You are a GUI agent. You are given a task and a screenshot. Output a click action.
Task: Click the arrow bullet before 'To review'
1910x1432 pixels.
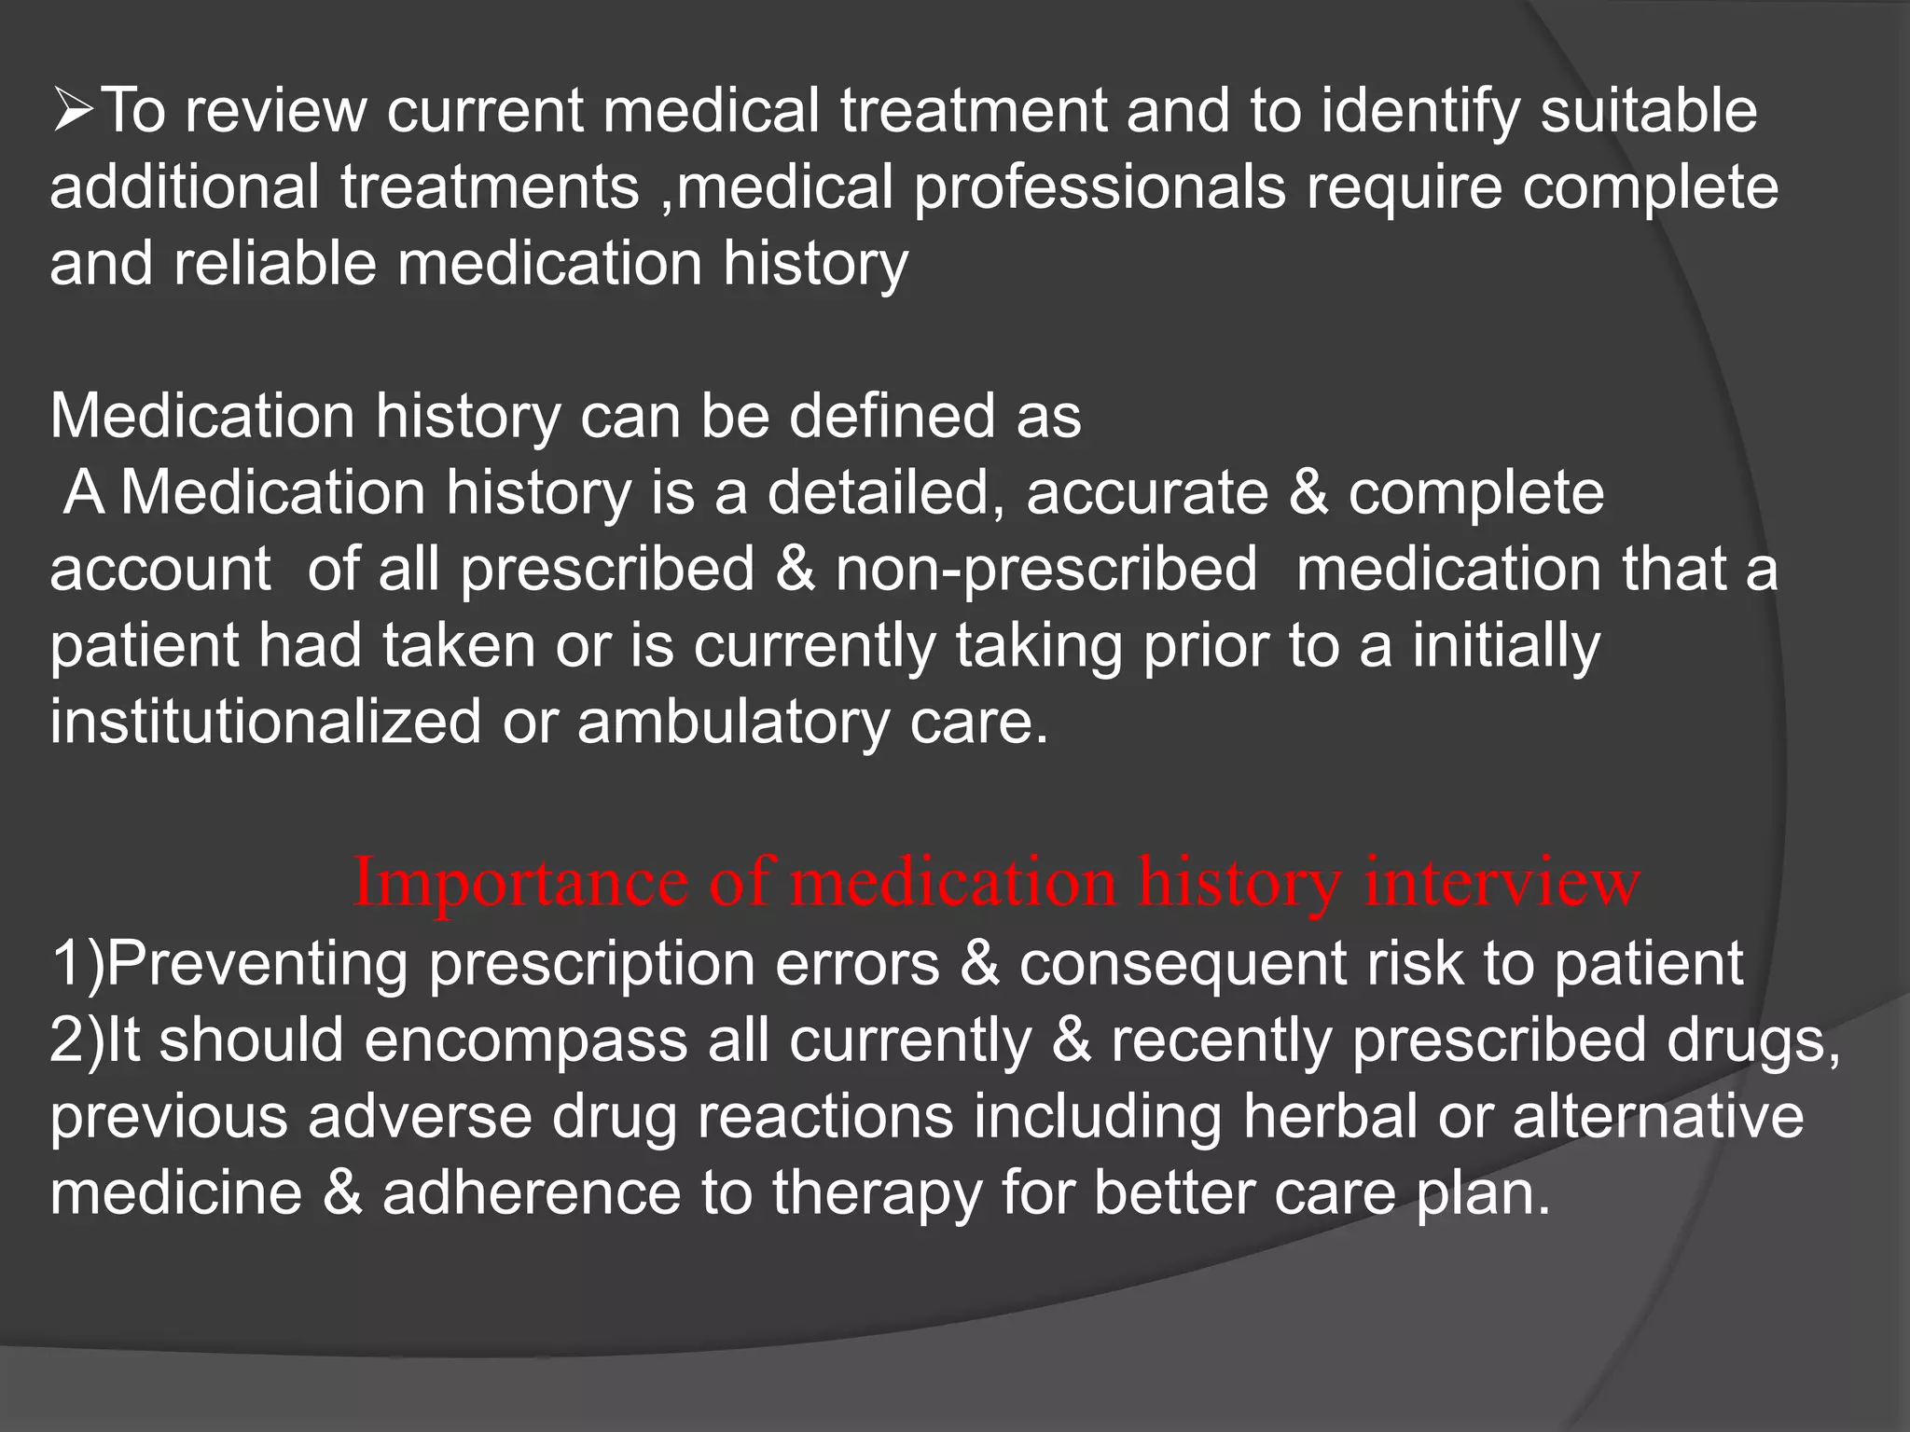tap(72, 111)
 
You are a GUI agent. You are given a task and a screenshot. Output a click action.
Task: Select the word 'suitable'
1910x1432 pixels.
tap(1648, 111)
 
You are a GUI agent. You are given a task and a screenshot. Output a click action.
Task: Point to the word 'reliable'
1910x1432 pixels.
tap(275, 264)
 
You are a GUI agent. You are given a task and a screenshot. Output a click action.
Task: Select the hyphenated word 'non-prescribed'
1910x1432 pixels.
tap(1045, 569)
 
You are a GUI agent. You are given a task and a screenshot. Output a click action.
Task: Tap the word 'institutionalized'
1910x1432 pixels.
tap(266, 722)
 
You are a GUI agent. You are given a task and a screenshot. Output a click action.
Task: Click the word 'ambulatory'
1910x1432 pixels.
tap(733, 722)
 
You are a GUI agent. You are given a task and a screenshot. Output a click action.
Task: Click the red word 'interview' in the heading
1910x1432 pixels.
tap(1502, 882)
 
